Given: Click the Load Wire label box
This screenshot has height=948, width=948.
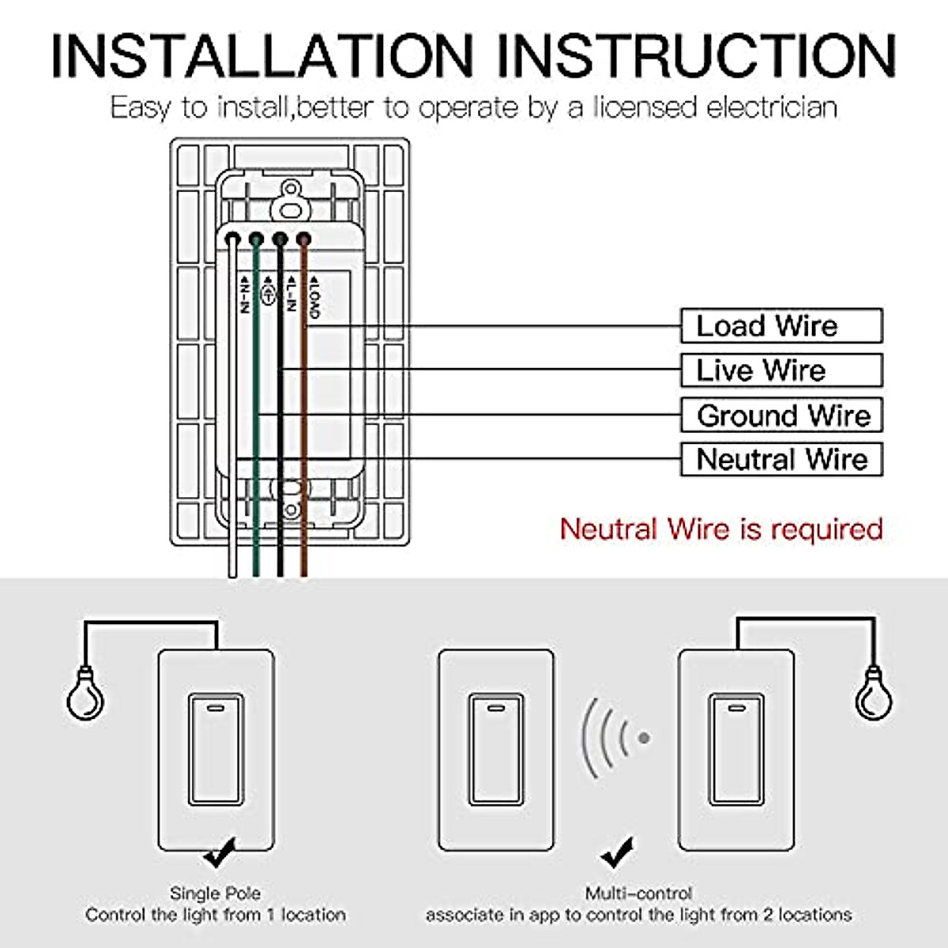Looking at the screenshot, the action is click(x=782, y=325).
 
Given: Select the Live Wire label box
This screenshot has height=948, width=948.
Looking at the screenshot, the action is click(x=782, y=371).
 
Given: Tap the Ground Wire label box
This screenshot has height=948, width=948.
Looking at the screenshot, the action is click(x=782, y=416).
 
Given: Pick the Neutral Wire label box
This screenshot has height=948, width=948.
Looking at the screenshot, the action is click(x=782, y=460).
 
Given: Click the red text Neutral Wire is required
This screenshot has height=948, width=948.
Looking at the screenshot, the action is click(x=721, y=529).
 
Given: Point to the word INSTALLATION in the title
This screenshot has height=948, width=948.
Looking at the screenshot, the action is click(x=262, y=55).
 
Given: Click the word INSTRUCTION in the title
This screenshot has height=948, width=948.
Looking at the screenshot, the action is click(x=697, y=55).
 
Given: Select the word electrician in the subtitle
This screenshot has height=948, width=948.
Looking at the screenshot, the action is click(x=772, y=107).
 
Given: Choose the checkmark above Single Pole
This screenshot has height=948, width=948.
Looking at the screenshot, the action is click(x=220, y=853).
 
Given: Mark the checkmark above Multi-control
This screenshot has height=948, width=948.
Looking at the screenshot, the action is click(x=618, y=853).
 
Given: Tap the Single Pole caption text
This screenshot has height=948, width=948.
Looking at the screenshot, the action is click(x=216, y=893).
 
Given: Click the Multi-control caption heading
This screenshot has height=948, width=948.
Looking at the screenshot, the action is click(x=638, y=893).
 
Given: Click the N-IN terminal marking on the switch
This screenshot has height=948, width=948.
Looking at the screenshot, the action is click(x=244, y=294).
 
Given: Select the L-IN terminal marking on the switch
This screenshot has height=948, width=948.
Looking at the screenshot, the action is click(x=292, y=293).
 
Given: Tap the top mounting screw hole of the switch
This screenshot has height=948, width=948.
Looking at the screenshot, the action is click(x=291, y=189).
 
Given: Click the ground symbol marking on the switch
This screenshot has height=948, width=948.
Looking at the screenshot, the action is click(x=268, y=292).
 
